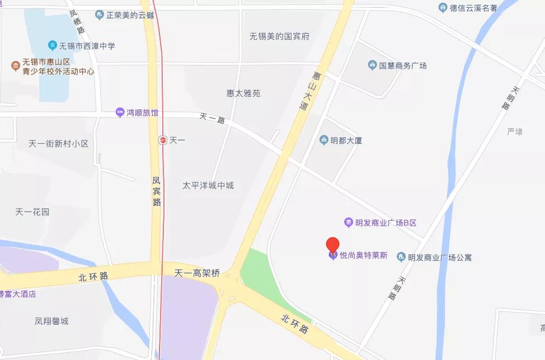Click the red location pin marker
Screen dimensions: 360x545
pyautogui.click(x=333, y=245)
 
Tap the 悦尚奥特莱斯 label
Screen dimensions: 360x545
pyautogui.click(x=363, y=255)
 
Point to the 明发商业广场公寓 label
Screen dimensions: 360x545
pyautogui.click(x=439, y=258)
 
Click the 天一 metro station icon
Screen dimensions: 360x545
pyautogui.click(x=162, y=139)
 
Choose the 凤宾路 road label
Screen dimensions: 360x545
pyautogui.click(x=157, y=191)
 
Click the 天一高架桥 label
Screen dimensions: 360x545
pyautogui.click(x=197, y=274)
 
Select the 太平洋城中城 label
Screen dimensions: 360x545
pyautogui.click(x=208, y=185)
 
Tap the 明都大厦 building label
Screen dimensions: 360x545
pyautogui.click(x=346, y=140)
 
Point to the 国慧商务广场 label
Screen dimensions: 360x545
pyautogui.click(x=402, y=66)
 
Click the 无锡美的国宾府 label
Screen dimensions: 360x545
pyautogui.click(x=279, y=36)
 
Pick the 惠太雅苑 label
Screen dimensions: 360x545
pyautogui.click(x=243, y=93)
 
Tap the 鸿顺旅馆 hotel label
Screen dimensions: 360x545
pyautogui.click(x=142, y=113)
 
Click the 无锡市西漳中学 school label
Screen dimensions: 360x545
pyautogui.click(x=87, y=45)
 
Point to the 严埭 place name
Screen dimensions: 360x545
pyautogui.click(x=514, y=132)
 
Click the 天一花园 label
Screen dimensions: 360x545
pyautogui.click(x=32, y=212)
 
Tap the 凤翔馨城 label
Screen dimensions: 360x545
pyautogui.click(x=51, y=321)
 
